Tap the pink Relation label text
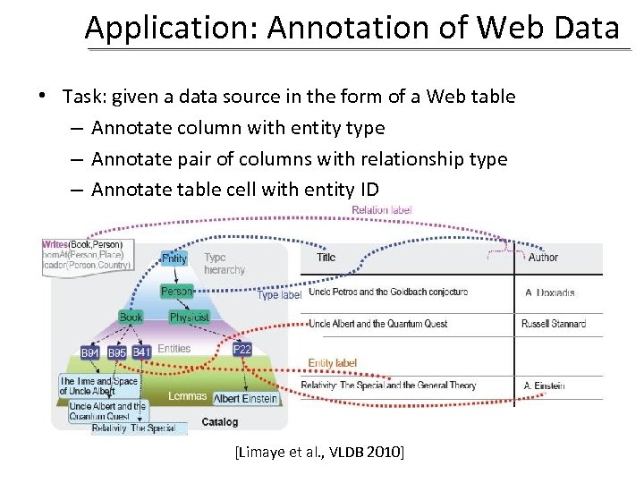click(382, 210)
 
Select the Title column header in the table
click(326, 258)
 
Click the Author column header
click(543, 258)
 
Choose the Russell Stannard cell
click(553, 324)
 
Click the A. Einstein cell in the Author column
click(545, 386)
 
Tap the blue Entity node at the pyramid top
click(174, 258)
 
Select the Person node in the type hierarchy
click(176, 292)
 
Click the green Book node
click(131, 318)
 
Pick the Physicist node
click(189, 318)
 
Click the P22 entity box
click(241, 350)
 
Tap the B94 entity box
click(91, 352)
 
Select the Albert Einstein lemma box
click(246, 398)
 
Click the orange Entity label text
click(333, 363)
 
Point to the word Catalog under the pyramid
click(220, 422)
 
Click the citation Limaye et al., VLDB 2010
click(319, 453)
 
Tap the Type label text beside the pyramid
click(279, 295)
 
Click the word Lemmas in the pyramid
click(187, 396)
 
